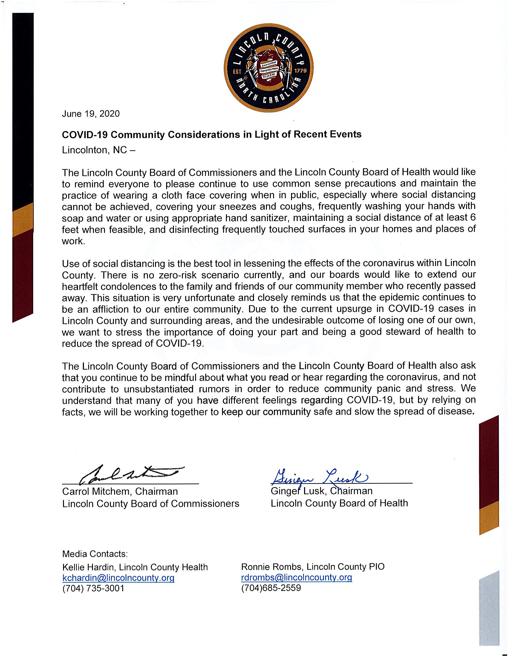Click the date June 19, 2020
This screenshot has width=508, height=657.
[91, 114]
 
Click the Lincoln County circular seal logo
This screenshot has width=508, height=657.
[268, 68]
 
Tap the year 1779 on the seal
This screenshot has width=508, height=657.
[300, 71]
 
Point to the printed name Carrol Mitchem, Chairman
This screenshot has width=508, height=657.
[120, 492]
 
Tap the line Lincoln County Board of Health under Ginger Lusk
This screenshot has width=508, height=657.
[339, 503]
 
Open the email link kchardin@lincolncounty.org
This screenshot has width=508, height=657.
[118, 578]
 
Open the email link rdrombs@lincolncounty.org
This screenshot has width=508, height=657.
[296, 577]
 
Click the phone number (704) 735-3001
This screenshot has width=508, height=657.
[93, 588]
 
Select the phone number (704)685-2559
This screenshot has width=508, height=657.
[271, 588]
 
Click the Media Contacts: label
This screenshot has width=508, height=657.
[95, 554]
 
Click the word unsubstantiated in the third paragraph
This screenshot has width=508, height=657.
[159, 389]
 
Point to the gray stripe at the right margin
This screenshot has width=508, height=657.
[489, 608]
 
